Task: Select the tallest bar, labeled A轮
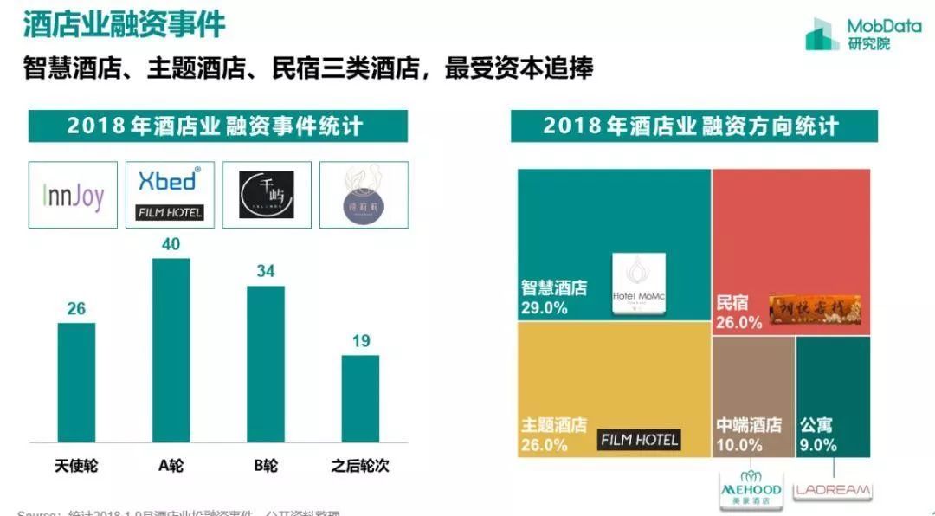pos(171,351)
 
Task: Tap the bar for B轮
pos(266,364)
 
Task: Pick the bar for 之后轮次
pos(360,399)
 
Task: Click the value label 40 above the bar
pos(171,245)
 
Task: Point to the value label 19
pos(361,341)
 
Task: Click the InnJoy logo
pos(73,195)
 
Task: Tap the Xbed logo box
pos(170,195)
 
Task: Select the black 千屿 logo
pos(267,195)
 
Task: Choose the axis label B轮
pos(266,466)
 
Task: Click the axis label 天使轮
pos(76,466)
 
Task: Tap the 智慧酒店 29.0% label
pos(553,297)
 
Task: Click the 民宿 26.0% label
pos(738,313)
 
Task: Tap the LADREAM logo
pos(832,490)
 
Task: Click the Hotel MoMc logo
pos(639,285)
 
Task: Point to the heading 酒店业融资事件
pos(124,24)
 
